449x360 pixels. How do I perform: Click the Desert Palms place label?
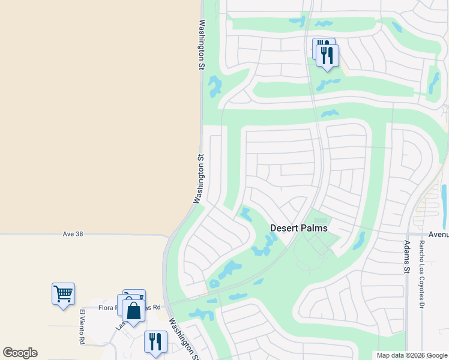point(299,228)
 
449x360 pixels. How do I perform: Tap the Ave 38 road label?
point(72,233)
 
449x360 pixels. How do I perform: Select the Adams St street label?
point(407,257)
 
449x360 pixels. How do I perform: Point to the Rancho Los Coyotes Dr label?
point(422,269)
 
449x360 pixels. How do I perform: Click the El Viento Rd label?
point(82,326)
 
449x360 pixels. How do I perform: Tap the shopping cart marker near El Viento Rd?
point(63,294)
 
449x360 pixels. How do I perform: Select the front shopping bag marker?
point(133,311)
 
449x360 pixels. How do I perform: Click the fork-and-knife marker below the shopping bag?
point(155,341)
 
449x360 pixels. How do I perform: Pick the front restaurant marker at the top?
point(327,56)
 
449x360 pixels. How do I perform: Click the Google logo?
point(20,353)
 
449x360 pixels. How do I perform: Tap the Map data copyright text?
point(412,355)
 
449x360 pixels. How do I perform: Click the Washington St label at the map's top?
point(202,46)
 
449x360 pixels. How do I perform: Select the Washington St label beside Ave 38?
point(200,179)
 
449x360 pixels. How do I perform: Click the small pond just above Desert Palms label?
point(246,214)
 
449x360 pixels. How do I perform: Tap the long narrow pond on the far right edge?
point(444,198)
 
